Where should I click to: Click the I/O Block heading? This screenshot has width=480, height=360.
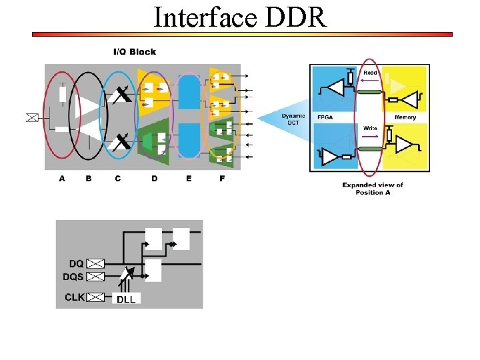click(134, 52)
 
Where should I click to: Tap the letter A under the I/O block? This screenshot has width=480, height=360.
click(62, 179)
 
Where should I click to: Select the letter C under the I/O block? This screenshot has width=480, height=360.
click(118, 179)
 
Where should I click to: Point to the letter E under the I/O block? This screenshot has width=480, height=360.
click(189, 179)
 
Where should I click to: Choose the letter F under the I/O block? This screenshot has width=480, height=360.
click(222, 179)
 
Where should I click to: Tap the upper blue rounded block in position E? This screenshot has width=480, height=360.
click(190, 93)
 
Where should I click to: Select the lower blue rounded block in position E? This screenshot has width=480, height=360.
click(190, 139)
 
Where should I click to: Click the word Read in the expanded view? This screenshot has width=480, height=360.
click(371, 73)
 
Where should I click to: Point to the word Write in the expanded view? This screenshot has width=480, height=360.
click(371, 127)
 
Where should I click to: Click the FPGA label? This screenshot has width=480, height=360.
click(325, 117)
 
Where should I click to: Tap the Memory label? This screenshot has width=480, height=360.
click(405, 117)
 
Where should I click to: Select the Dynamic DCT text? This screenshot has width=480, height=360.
click(293, 119)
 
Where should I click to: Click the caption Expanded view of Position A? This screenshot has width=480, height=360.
click(373, 189)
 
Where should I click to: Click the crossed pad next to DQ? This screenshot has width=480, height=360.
click(96, 264)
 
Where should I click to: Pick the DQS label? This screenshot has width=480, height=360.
click(73, 276)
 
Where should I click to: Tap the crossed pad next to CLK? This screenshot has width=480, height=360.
click(96, 297)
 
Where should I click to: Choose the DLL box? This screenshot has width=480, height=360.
click(126, 299)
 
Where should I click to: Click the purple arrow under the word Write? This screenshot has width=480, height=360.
click(371, 135)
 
